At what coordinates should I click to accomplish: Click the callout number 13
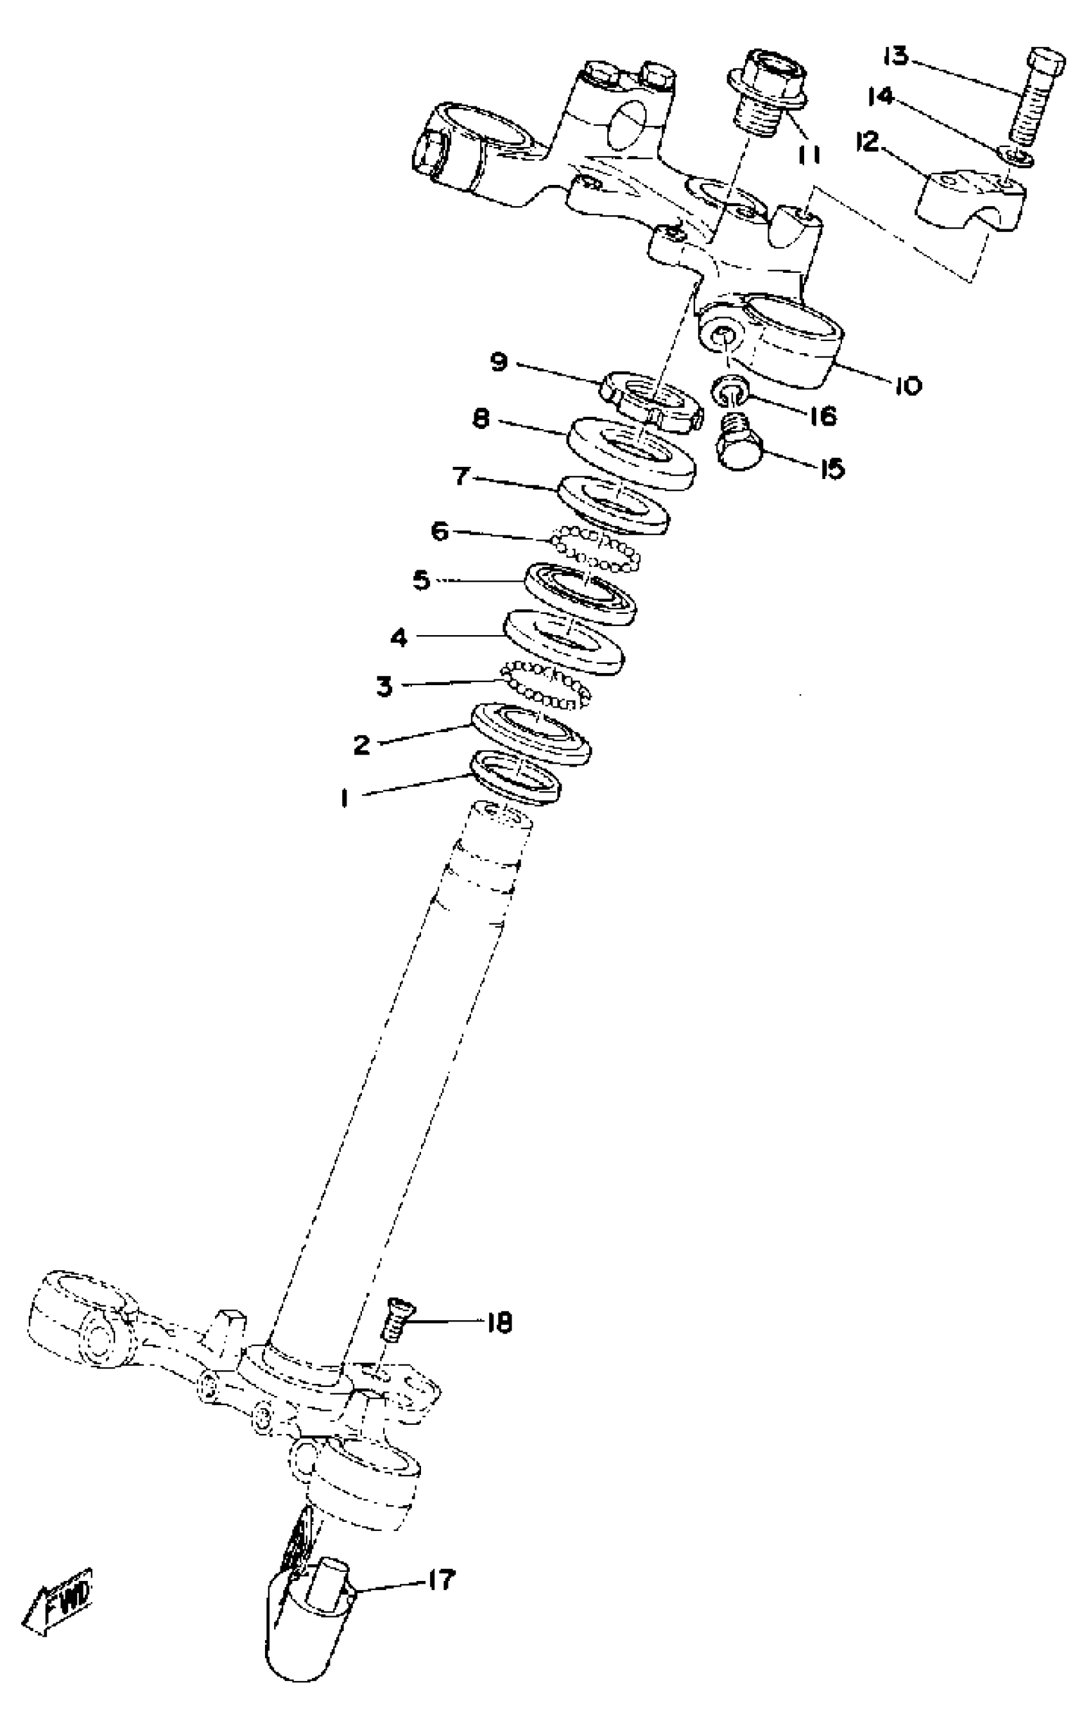pyautogui.click(x=895, y=56)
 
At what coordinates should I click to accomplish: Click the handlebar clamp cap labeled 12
pyautogui.click(x=970, y=200)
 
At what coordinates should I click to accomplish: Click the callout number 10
pyautogui.click(x=908, y=386)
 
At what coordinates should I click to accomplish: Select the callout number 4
pyautogui.click(x=399, y=636)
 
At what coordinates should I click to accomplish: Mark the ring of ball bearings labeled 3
pyautogui.click(x=547, y=686)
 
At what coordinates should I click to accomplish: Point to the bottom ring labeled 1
pyautogui.click(x=515, y=776)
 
